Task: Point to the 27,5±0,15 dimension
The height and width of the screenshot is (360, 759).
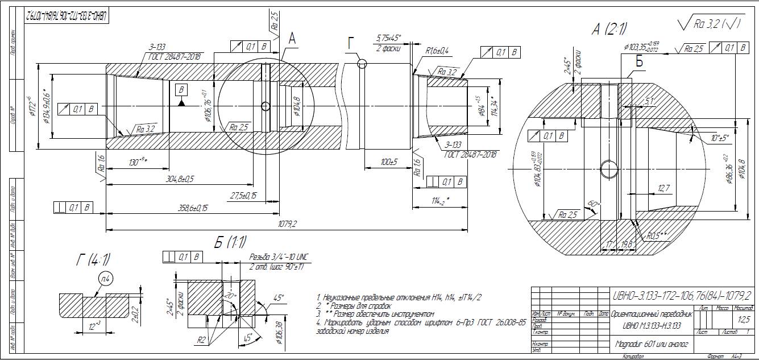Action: (243, 195)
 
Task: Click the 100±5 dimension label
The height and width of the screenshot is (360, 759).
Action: (389, 163)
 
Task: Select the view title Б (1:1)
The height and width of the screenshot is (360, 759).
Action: (230, 242)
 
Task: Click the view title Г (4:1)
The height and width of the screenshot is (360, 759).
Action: (93, 260)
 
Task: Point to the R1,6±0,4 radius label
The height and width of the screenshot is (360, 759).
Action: (437, 51)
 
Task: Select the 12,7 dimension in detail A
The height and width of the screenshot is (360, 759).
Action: (664, 188)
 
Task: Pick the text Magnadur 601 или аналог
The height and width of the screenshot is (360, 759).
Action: (652, 344)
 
